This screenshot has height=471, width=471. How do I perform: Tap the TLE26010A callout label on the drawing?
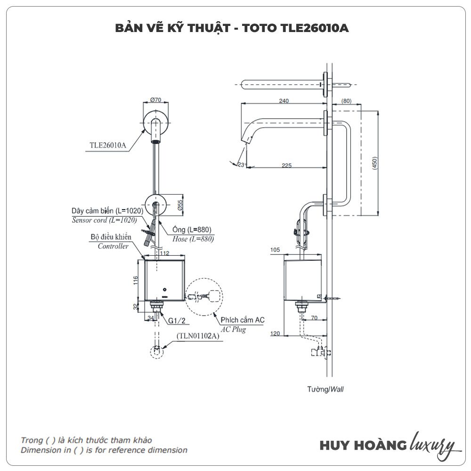(x=108, y=145)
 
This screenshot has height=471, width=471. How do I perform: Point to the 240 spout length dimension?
(x=284, y=101)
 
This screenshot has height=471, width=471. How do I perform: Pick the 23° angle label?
(x=242, y=164)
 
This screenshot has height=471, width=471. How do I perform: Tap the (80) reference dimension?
(x=346, y=101)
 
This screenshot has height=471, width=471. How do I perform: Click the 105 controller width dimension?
(x=275, y=250)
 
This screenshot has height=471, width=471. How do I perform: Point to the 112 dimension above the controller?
(x=164, y=253)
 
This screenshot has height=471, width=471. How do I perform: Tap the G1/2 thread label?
(x=176, y=321)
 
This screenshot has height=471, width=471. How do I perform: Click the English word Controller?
(x=113, y=246)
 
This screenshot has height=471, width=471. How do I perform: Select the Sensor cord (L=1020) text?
(x=104, y=220)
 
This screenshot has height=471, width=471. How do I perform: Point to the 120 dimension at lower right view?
(x=276, y=334)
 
